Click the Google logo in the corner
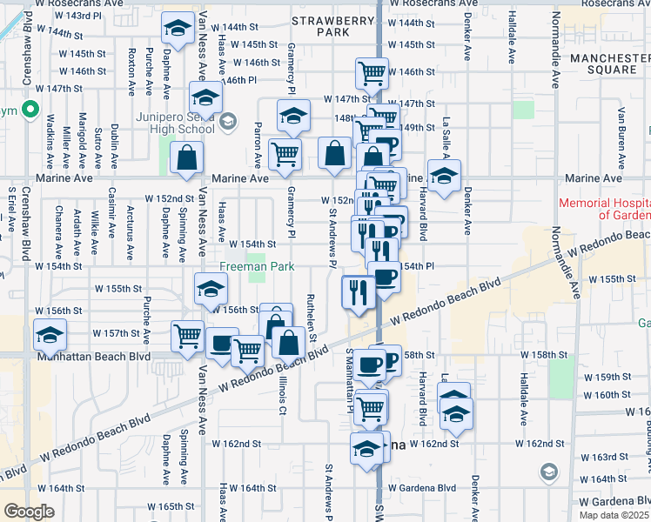point(30,511)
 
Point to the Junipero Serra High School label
point(175,123)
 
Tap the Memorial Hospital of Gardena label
point(604,209)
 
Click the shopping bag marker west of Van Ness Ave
point(187,157)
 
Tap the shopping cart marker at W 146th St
point(372,74)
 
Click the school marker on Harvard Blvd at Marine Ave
point(444,176)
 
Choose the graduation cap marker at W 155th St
point(210,289)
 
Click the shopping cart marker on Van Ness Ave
point(187,336)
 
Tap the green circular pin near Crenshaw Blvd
point(30,110)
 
